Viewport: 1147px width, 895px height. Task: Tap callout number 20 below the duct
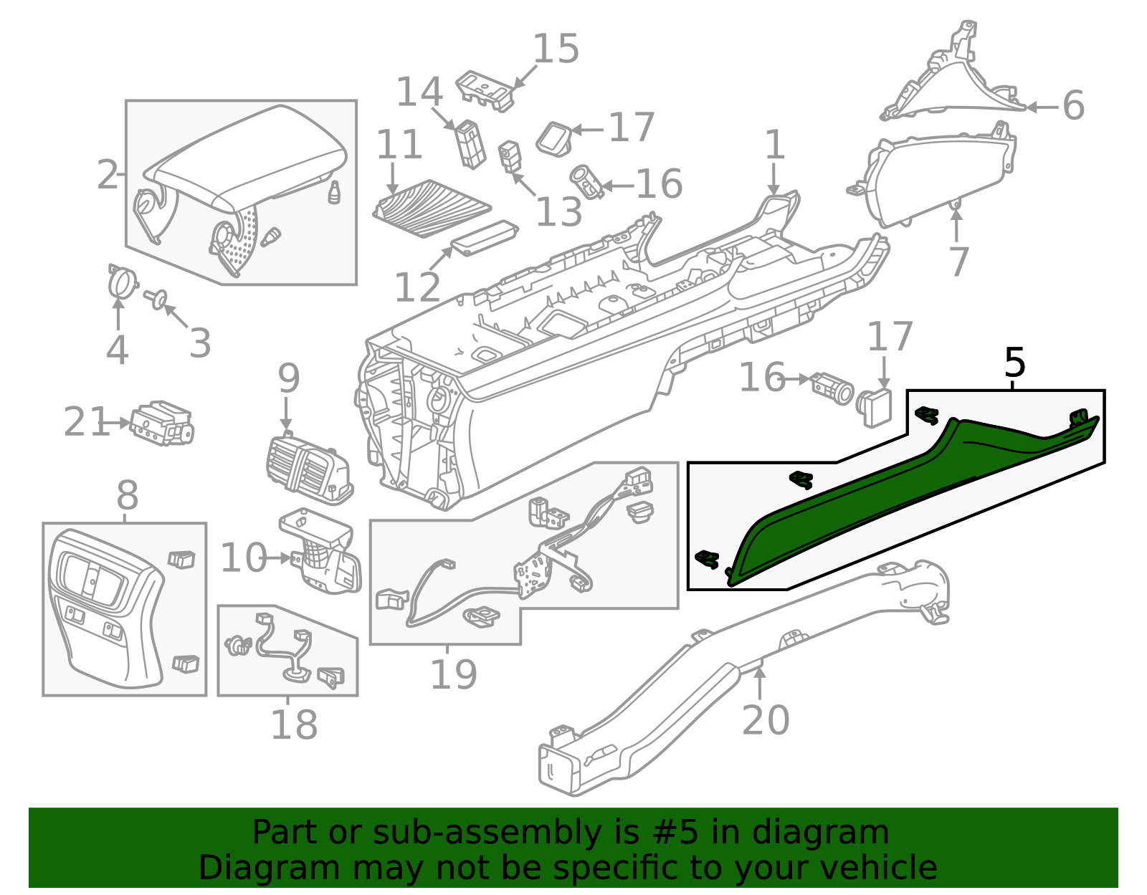click(x=765, y=720)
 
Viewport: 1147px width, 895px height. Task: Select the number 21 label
click(x=85, y=422)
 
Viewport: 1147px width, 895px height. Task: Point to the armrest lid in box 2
click(x=244, y=158)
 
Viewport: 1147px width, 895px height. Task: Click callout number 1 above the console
click(x=775, y=145)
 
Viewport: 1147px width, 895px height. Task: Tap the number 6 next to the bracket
click(x=1073, y=106)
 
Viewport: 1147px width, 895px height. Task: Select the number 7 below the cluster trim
click(x=958, y=262)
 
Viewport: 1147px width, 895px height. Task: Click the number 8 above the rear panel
click(x=127, y=495)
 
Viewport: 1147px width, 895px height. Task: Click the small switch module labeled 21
click(x=162, y=423)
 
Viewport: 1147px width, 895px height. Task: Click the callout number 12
click(x=417, y=287)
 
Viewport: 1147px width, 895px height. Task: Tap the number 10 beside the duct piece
click(x=243, y=557)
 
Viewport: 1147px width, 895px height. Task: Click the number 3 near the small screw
click(x=199, y=343)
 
